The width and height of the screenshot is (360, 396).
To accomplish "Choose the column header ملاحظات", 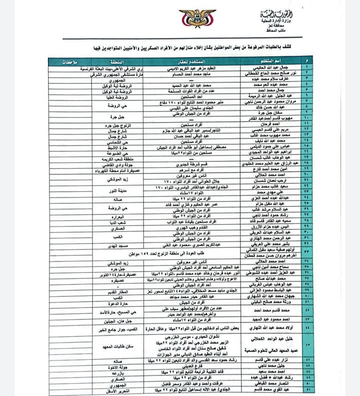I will pos(73,60).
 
